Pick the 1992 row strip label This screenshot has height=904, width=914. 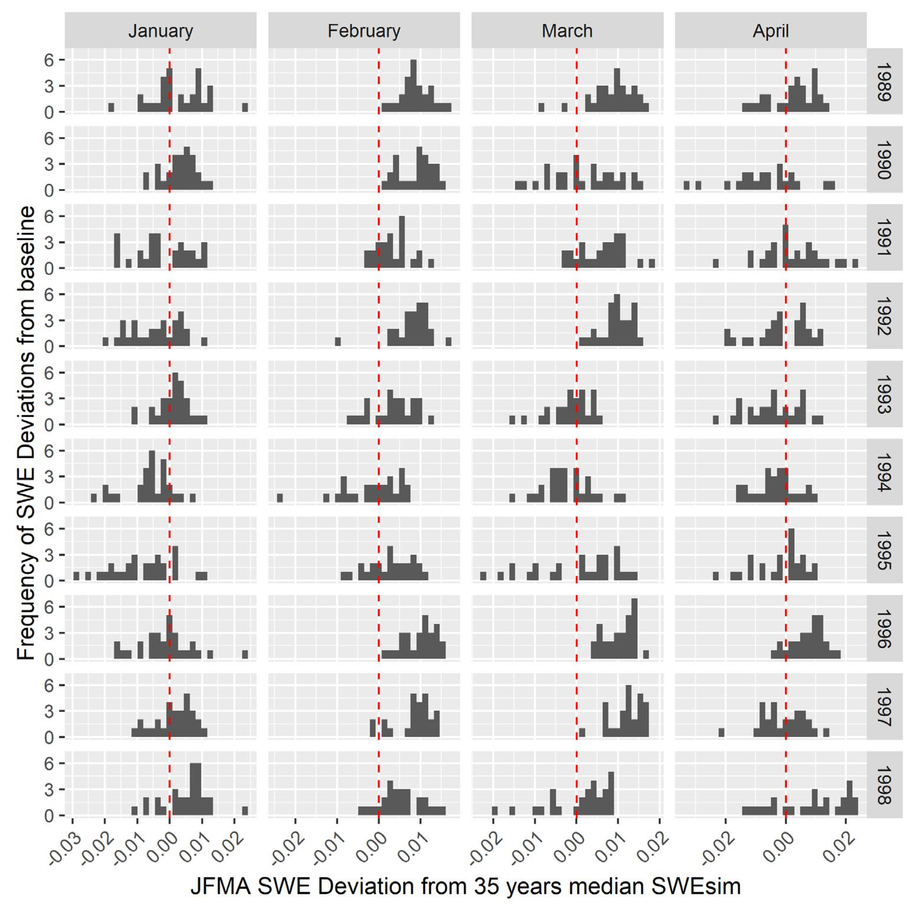pos(883,315)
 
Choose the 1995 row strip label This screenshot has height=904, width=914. pos(883,550)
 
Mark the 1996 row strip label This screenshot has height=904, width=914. pos(883,628)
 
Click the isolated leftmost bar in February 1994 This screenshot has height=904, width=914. pos(280,498)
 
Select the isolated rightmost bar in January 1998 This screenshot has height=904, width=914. pos(245,810)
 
